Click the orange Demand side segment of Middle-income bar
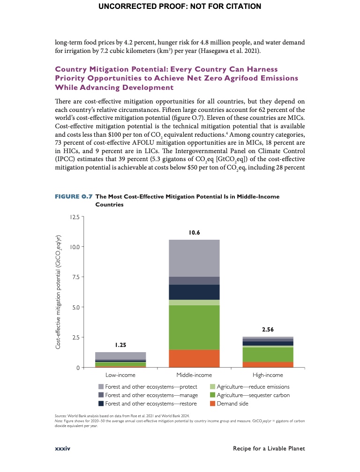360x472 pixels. point(194,358)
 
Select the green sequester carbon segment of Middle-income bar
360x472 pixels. point(194,327)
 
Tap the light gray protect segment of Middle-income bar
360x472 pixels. point(194,258)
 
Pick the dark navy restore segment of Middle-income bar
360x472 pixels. point(194,292)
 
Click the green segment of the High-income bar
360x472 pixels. point(268,354)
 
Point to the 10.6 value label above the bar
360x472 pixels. point(194,232)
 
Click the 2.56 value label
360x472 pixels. point(268,330)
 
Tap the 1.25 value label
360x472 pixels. point(120,345)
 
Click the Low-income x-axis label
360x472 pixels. point(120,375)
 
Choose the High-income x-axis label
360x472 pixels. point(268,375)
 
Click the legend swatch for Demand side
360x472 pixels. point(212,404)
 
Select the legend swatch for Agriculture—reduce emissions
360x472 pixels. point(212,387)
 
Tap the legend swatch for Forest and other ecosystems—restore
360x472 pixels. point(101,404)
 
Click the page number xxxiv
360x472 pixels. point(62,449)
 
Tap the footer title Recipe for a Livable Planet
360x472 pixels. point(269,449)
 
